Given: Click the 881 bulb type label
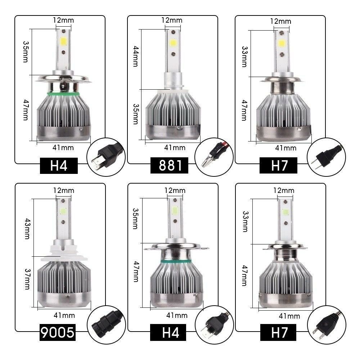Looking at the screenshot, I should (x=169, y=166).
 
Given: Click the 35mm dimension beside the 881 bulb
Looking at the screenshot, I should (x=135, y=114).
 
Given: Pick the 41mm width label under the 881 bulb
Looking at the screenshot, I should (x=175, y=147).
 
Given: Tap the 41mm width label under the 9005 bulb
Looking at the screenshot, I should (x=64, y=315).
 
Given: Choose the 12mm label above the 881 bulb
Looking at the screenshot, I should (x=172, y=20).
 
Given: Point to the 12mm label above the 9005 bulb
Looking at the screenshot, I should (x=63, y=190).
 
